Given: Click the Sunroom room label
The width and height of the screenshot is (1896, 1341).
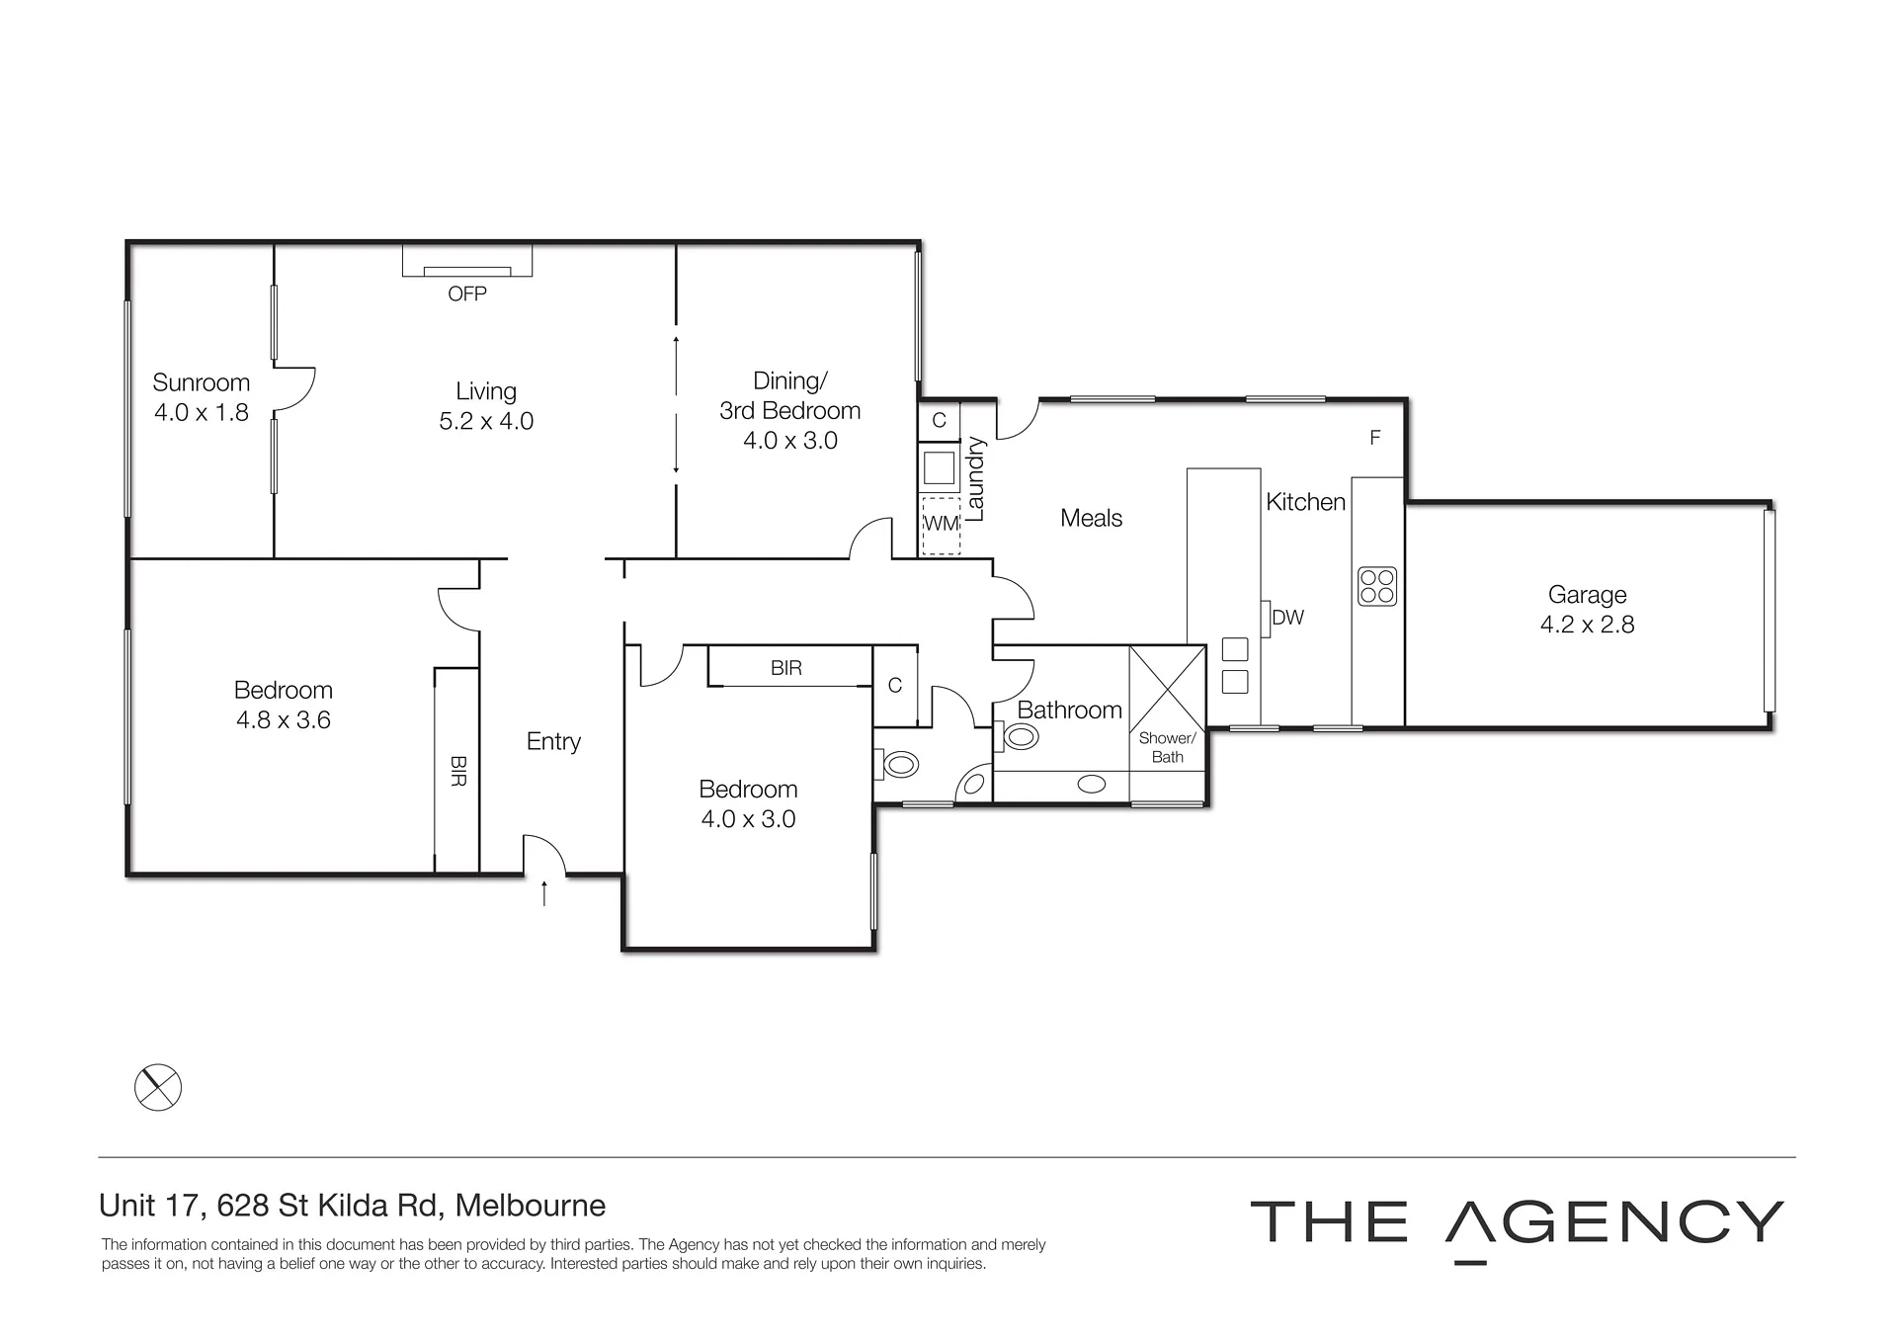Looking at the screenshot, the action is coord(201,382).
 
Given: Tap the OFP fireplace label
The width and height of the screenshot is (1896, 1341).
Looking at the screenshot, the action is coord(467,293).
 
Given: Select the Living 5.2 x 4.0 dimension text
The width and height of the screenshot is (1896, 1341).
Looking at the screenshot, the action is coord(486,421).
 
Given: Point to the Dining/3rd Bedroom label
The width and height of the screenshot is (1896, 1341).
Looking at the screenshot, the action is coord(789,395).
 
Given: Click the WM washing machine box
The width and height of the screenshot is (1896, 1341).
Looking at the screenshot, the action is coord(941,524).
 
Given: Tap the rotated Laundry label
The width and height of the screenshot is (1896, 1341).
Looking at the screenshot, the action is coord(975,479).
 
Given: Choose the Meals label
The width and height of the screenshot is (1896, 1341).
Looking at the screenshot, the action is coord(1091,518).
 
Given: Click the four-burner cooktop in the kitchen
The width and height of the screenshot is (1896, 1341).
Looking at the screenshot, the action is coord(1377,585).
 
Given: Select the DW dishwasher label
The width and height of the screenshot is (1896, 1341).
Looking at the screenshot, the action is coord(1287,618).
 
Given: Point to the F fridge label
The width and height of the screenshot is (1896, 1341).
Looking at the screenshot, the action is coord(1374,438).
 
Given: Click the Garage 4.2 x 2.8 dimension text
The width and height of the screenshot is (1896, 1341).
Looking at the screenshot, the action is coord(1587,625).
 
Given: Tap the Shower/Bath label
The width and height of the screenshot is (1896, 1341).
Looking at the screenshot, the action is coord(1167,747).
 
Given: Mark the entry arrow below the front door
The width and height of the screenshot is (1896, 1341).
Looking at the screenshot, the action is coord(543,892).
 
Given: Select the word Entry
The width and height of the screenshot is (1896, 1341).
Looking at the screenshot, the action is coord(553,742).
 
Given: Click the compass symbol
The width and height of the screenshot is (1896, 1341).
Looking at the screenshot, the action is coord(158,1087).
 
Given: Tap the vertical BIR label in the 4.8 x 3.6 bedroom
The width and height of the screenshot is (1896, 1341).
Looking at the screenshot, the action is coord(457,771).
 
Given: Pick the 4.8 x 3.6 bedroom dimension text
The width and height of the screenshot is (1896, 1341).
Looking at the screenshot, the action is coord(284,720).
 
